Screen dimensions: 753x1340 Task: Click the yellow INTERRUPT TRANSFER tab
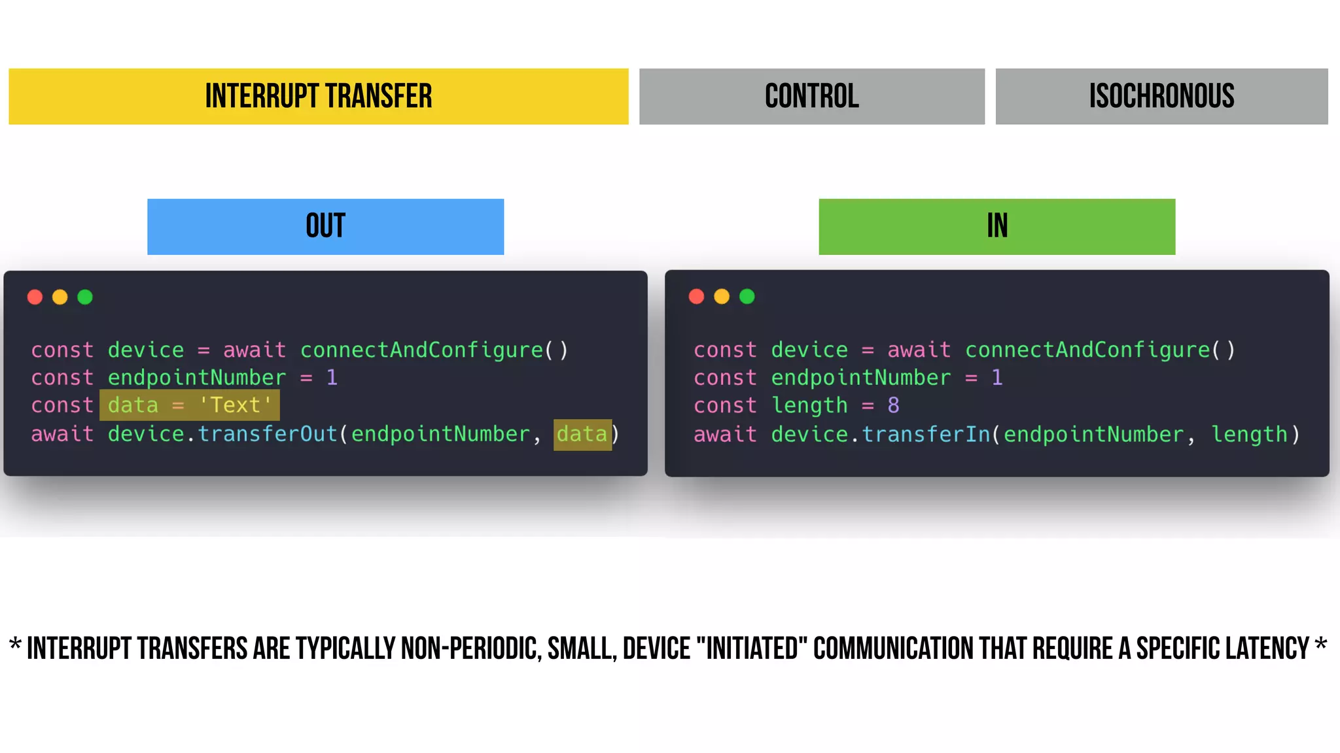tap(319, 97)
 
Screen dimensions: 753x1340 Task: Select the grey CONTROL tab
tap(811, 97)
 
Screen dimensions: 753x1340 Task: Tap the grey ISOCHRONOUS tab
tap(1161, 97)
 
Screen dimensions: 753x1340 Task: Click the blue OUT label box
tap(325, 226)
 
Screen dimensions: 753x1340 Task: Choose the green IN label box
tap(996, 226)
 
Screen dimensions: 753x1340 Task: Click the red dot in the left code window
tap(35, 297)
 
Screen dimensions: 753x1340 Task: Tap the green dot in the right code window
tap(747, 297)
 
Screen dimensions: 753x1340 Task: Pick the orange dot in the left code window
tap(60, 297)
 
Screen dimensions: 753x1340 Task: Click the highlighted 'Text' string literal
tap(236, 405)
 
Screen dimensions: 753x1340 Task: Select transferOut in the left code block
tap(267, 434)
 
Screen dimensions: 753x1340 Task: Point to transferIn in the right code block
tap(926, 434)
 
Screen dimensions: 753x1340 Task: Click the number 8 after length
tap(893, 405)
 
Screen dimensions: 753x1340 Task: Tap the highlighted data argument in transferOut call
tap(582, 434)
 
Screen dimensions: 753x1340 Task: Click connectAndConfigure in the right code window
tap(1087, 350)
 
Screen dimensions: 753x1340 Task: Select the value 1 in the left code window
tap(332, 377)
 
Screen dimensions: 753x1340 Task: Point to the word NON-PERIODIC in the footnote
tap(470, 648)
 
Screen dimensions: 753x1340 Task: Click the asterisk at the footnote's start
tap(15, 645)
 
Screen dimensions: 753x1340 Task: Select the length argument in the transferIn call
tap(1249, 434)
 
